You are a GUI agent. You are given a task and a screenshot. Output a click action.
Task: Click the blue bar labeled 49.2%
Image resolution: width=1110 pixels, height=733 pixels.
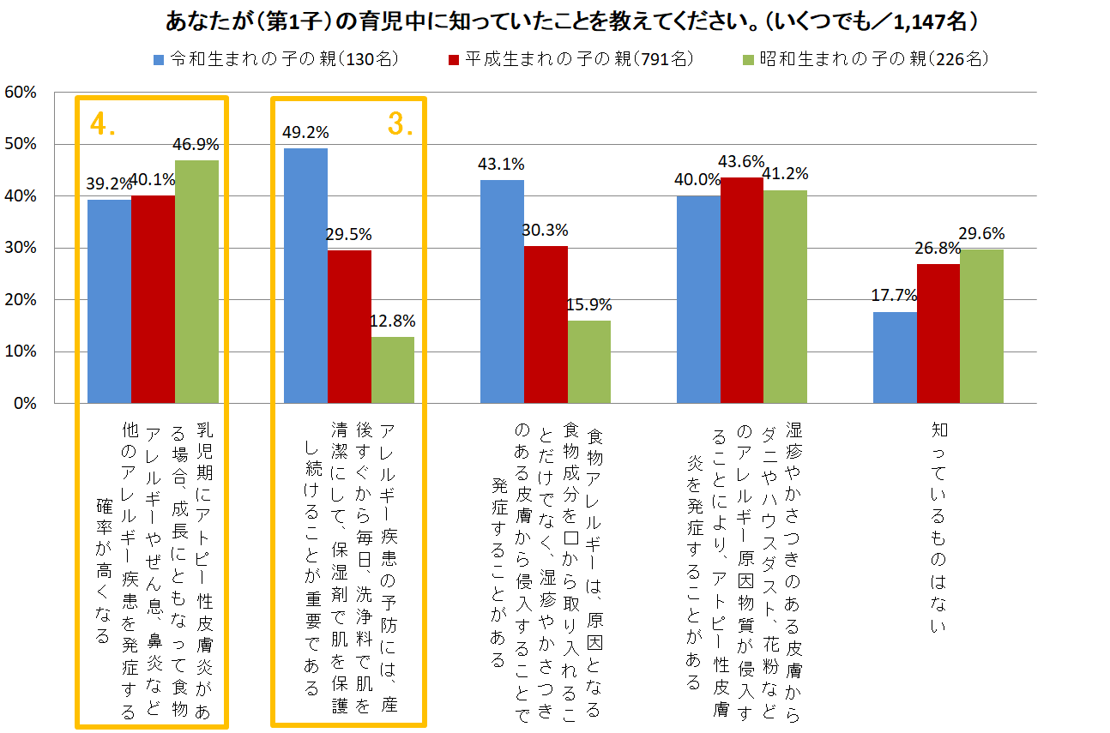[x=305, y=275]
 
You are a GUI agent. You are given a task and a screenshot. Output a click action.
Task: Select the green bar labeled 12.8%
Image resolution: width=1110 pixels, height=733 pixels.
[x=393, y=370]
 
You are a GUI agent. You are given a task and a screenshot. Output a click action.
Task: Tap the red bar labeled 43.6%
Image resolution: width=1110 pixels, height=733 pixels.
[x=742, y=290]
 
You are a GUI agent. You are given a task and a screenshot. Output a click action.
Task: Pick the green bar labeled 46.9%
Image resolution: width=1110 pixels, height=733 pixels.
[x=196, y=281]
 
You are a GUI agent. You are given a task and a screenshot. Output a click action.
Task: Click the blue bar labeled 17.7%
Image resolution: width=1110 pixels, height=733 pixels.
[x=895, y=357]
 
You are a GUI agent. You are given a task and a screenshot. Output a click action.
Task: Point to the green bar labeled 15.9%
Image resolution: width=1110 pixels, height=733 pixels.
[x=588, y=362]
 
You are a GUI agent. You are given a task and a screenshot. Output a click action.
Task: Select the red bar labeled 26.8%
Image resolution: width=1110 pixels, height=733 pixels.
[x=938, y=333]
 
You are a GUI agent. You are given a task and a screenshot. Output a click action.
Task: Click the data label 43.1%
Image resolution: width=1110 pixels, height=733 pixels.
[x=501, y=164]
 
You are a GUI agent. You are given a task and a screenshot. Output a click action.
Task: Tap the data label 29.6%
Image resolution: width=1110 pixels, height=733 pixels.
[x=982, y=233]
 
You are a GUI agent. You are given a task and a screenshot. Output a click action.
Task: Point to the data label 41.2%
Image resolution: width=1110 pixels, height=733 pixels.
[x=786, y=174]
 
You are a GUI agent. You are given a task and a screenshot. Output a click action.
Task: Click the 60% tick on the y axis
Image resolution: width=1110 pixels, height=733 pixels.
[x=20, y=93]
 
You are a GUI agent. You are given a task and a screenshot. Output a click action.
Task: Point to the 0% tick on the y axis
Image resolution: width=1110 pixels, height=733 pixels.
[x=23, y=403]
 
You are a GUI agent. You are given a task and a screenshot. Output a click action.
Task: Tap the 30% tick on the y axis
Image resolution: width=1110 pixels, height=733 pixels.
[x=20, y=248]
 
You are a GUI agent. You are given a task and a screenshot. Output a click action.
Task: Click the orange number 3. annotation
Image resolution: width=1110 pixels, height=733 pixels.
[x=401, y=123]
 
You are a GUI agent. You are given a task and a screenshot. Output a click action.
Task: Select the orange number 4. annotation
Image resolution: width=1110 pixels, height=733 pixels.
[x=103, y=124]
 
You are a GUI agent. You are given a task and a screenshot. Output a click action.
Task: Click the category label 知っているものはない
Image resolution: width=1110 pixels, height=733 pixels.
[x=938, y=527]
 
